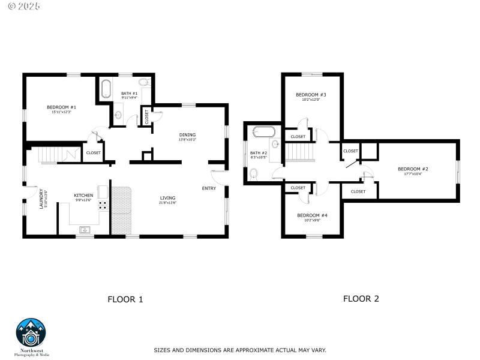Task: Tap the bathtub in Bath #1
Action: (x=106, y=89)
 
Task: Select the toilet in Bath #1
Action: (x=144, y=83)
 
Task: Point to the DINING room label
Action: (x=187, y=135)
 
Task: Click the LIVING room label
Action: (x=167, y=198)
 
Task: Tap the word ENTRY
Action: (x=209, y=188)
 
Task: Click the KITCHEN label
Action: (x=83, y=196)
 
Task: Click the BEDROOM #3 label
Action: (x=311, y=95)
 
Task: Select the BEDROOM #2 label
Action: (x=413, y=169)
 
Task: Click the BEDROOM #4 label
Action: (x=312, y=215)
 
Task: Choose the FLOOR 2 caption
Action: (x=361, y=298)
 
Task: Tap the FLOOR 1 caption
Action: (x=125, y=299)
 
